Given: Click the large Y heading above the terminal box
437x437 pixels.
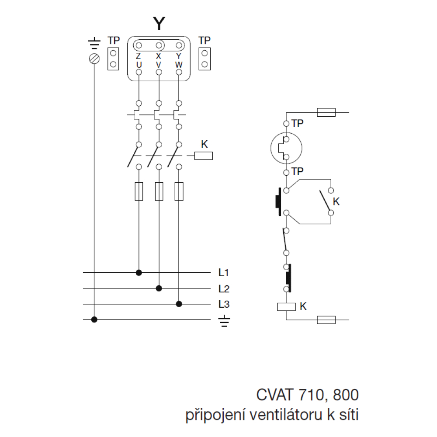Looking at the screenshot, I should coord(159,23).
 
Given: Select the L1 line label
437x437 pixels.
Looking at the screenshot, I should coord(224,273).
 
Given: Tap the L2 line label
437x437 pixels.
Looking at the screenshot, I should coord(224,288).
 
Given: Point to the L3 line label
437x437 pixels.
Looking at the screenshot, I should coord(224,304).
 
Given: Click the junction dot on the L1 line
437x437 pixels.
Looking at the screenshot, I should coord(139,273).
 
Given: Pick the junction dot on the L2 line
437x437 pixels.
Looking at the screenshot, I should coord(159,288).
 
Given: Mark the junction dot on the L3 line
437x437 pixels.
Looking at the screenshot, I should coord(178,304).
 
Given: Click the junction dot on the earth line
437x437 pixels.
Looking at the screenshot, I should coord(94,319).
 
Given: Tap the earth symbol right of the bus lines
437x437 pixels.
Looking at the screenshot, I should coord(225,321).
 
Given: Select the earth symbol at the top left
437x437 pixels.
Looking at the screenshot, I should coord(94,44).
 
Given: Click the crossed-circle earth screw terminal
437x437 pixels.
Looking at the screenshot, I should coord(94,59).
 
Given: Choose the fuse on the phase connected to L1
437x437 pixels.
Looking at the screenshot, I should coord(139,191).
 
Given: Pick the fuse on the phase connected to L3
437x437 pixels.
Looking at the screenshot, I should coord(178,191).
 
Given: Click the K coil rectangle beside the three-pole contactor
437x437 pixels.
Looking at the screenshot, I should coord(203,156).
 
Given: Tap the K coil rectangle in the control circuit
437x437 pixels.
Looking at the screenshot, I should coord(287,307).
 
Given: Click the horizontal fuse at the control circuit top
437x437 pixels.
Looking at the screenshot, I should coord(326,113).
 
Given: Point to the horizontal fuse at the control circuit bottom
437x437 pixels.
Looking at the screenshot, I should coord(326,320).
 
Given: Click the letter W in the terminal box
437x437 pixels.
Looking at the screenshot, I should coord(178,65).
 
